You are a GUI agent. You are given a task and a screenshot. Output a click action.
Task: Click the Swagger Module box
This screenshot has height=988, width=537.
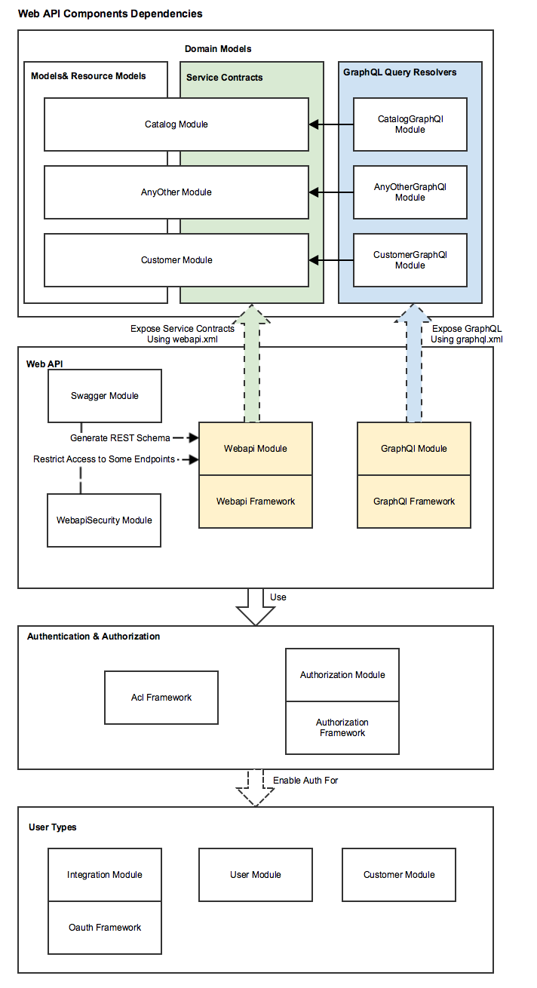105,396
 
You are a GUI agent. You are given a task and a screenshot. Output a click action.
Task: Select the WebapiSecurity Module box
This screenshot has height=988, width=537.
104,520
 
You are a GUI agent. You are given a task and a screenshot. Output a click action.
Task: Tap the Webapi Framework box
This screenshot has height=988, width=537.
256,502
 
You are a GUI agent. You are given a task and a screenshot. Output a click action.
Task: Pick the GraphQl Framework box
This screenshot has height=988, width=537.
414,502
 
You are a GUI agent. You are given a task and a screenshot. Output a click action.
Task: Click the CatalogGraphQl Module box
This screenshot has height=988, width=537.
410,124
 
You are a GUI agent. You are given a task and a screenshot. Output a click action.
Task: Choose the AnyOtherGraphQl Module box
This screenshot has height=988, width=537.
410,192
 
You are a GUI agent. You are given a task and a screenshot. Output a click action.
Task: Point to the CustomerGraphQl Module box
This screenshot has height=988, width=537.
410,260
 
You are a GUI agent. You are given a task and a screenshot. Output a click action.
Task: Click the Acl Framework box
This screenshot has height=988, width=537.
161,698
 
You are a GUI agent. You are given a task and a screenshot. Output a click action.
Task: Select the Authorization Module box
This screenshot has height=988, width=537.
342,675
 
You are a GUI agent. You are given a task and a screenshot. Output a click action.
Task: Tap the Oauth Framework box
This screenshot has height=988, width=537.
105,928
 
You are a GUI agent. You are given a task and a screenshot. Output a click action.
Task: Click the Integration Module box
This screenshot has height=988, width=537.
105,875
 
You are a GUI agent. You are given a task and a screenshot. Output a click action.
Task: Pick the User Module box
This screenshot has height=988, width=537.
256,875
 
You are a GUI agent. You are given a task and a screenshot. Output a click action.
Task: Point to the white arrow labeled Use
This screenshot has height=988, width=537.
256,607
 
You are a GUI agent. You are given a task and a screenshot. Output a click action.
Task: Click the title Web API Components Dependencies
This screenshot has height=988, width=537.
110,14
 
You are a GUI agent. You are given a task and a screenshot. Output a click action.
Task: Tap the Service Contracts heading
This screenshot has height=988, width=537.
225,77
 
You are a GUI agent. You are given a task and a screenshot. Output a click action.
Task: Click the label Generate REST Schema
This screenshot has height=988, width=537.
120,437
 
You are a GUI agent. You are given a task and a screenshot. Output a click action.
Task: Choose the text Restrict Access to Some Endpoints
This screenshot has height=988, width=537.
104,459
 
